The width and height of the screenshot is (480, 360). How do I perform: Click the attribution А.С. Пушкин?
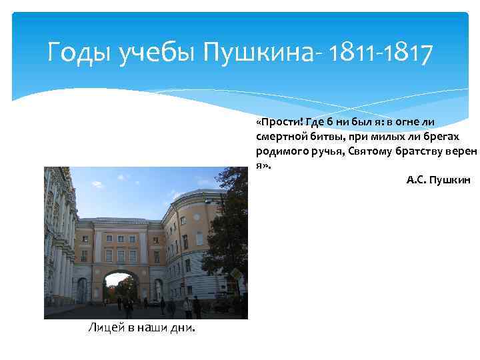pos(438,179)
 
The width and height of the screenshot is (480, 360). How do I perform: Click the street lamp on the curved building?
pos(208,200)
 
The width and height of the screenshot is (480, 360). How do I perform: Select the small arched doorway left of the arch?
pos(81,290)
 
